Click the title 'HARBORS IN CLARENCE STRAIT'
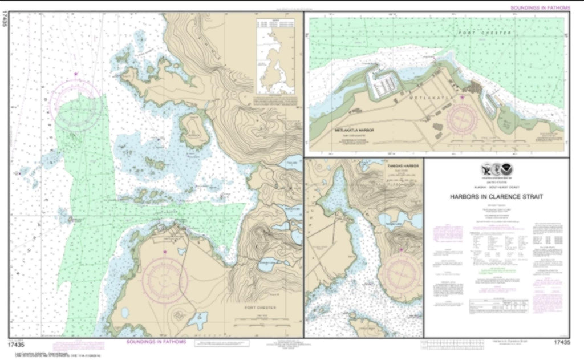coord(496,197)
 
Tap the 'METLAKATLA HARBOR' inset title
coord(354,131)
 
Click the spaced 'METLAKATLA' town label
coord(434,98)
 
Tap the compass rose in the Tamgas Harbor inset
coord(401,273)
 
